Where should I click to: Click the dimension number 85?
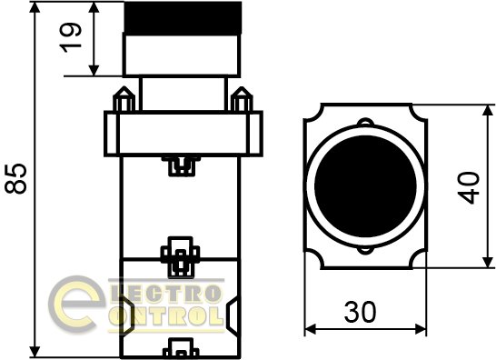(15, 178)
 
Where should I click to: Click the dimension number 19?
(71, 37)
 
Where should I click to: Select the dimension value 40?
(469, 187)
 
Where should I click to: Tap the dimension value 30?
(361, 312)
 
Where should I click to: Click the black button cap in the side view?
(183, 18)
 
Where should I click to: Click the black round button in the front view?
(365, 186)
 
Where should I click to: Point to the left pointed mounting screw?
(124, 99)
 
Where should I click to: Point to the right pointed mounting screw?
(242, 99)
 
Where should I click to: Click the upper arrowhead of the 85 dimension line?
(35, 7)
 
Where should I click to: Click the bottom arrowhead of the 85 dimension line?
(35, 351)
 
